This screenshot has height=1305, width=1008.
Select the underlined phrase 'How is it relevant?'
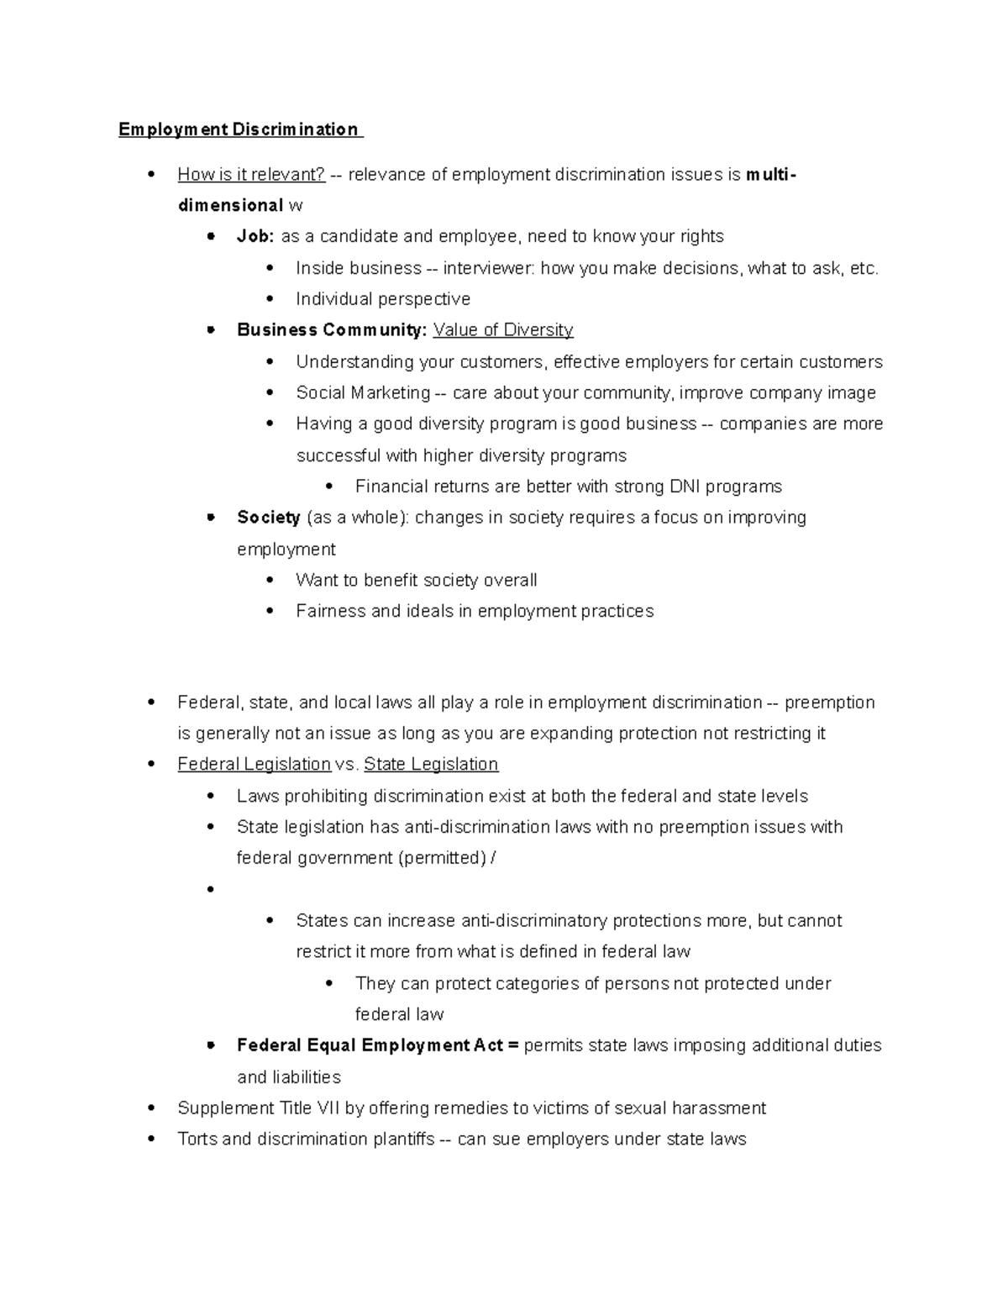[x=251, y=175]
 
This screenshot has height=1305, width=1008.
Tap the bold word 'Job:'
[x=255, y=237]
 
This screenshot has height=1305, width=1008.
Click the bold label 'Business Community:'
[x=332, y=330]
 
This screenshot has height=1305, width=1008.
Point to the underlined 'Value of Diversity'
[x=503, y=330]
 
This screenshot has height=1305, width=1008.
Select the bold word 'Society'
[x=269, y=518]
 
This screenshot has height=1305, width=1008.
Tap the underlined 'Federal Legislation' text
[x=254, y=765]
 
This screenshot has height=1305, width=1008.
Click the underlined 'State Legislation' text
[x=431, y=765]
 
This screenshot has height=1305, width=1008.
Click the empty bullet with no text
[x=210, y=889]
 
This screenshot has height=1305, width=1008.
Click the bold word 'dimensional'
[x=230, y=206]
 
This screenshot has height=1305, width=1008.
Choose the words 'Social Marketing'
[x=363, y=393]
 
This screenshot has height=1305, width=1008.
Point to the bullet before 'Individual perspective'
[x=270, y=299]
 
